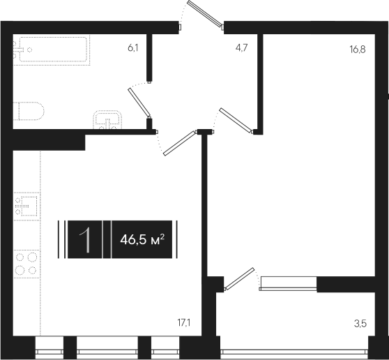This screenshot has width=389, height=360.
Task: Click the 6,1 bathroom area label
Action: [133, 47]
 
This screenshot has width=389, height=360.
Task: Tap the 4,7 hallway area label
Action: [241, 47]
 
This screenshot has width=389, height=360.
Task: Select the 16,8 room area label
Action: [358, 50]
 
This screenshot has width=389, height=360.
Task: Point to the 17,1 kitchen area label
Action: [183, 322]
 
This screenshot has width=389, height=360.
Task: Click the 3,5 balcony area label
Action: [360, 324]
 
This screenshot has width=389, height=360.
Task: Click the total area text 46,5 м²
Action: [142, 239]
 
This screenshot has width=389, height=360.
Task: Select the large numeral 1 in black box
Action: [85, 240]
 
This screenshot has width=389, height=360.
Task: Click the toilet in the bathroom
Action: [29, 111]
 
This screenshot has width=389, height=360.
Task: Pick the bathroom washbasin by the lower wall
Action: [107, 120]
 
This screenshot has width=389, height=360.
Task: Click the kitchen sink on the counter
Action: [27, 206]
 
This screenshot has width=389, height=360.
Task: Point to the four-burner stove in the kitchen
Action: [26, 264]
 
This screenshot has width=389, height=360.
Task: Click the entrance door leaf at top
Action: [205, 13]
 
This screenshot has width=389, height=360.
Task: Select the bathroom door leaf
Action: [139, 103]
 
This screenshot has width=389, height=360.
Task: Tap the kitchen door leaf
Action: [179, 144]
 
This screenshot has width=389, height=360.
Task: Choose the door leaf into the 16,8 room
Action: [235, 121]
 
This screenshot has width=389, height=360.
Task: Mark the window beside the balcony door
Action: [289, 283]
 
